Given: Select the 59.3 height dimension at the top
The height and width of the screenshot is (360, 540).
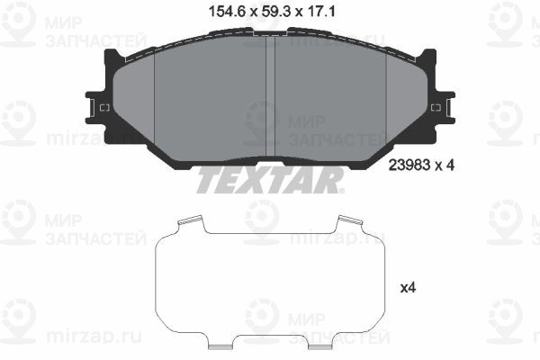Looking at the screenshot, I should [x=269, y=13].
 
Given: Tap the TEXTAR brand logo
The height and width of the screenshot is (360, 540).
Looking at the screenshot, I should [x=270, y=181].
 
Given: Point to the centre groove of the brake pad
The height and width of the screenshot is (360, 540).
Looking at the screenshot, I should [x=270, y=99].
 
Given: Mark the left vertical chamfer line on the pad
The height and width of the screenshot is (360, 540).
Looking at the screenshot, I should [x=155, y=99].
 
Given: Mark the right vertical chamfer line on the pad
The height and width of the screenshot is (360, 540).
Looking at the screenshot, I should [x=384, y=99].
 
